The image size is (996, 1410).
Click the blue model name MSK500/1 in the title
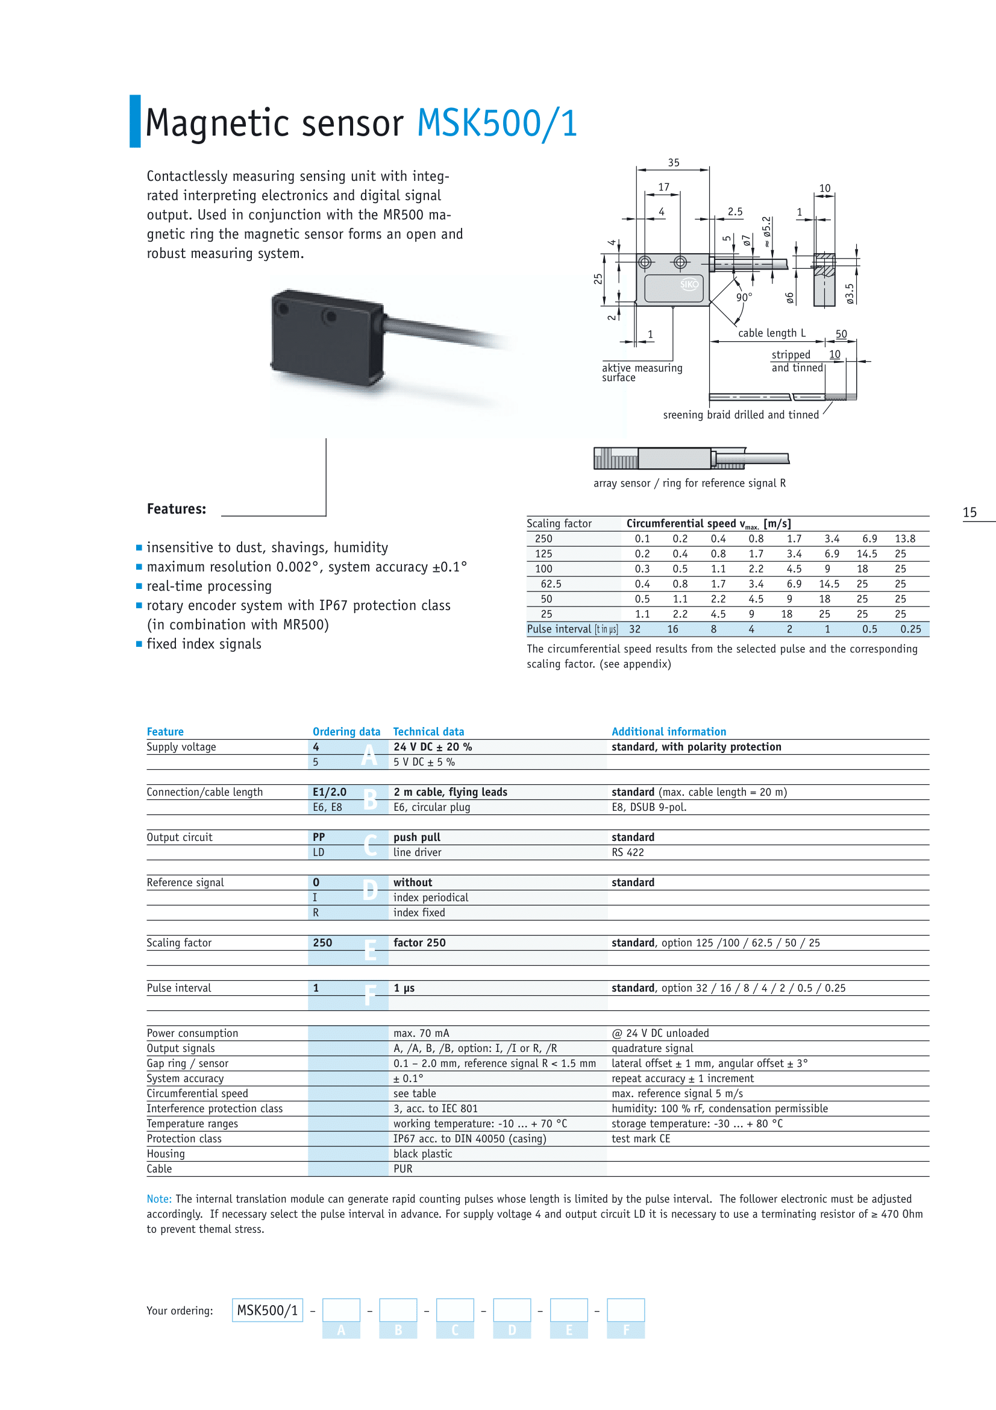pos(497,123)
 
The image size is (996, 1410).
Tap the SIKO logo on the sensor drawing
pos(689,285)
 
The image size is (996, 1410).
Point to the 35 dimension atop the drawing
pos(673,163)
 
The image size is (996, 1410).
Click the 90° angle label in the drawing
pos(744,298)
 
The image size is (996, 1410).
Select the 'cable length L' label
pos(771,333)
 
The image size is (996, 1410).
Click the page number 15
pos(969,512)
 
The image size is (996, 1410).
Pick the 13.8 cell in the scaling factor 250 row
pos(904,538)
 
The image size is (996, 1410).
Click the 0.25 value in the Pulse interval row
pos(910,629)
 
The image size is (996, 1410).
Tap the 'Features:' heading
pos(176,509)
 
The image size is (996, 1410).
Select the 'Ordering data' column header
pos(346,731)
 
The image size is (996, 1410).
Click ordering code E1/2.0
pos(330,792)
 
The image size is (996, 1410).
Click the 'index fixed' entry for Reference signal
pos(419,913)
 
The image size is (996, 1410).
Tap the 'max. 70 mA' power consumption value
pos(421,1033)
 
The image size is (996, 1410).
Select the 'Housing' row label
pos(166,1153)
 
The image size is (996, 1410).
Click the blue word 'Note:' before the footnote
pos(159,1199)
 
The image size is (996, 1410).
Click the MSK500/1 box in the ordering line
pos(268,1310)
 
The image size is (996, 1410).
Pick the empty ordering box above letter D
pos(512,1309)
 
